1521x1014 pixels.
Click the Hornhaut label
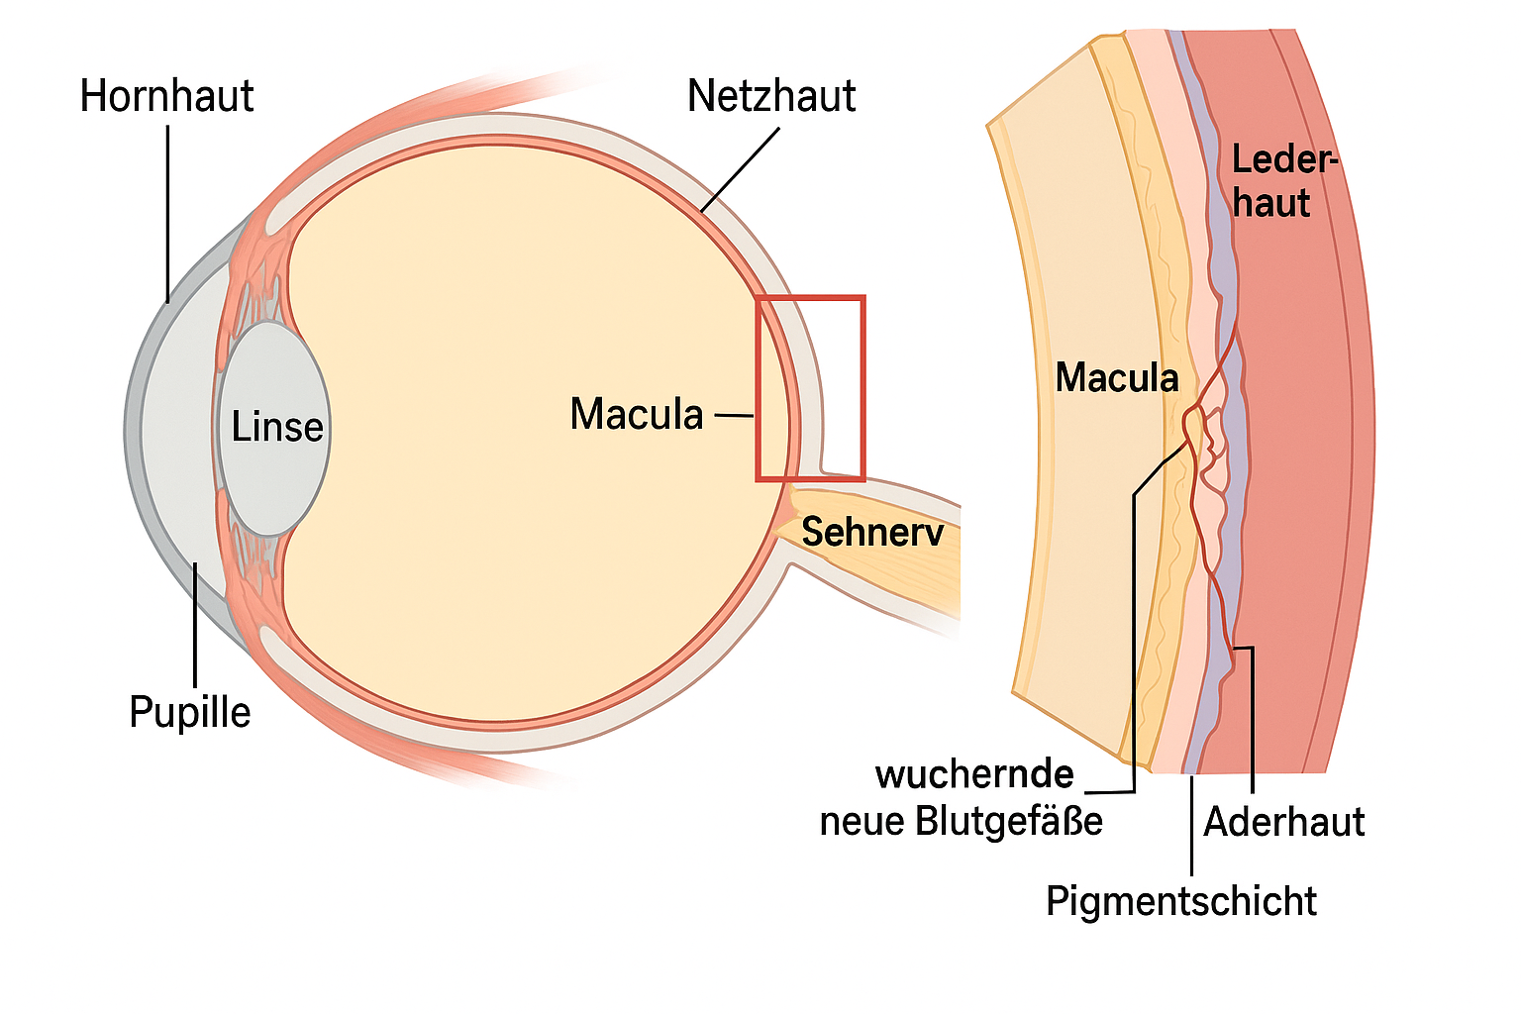coord(166,96)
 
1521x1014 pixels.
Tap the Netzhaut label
coord(771,96)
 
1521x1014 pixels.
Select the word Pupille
coord(190,712)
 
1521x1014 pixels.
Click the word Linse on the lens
coord(277,428)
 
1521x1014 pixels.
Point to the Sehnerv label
coord(872,533)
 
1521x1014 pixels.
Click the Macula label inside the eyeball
coord(637,414)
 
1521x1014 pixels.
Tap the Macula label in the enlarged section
coord(1117,378)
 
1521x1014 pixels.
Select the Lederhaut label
coord(1282,182)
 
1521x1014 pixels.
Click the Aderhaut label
coord(1284,822)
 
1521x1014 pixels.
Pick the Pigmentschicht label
coord(1181,901)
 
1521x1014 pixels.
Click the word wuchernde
coord(975,774)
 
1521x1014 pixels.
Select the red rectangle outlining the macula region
coord(810,297)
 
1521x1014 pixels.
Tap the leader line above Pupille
coord(196,624)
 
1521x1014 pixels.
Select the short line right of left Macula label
coord(734,416)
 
